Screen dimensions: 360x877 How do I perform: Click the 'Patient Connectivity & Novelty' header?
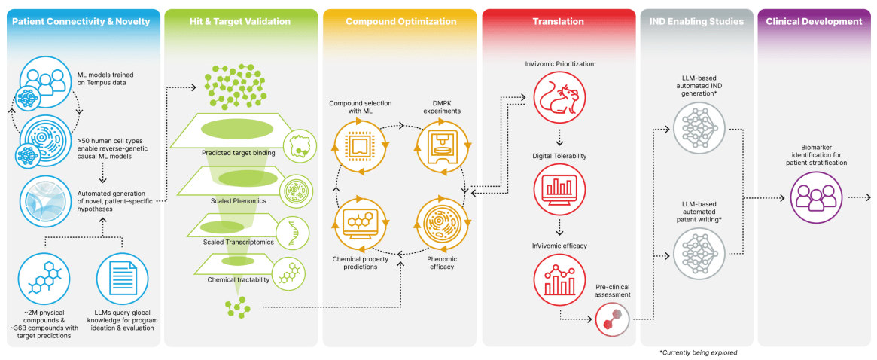(x=81, y=22)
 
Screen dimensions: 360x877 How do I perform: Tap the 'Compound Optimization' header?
(x=400, y=22)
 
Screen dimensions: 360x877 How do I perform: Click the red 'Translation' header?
(x=559, y=22)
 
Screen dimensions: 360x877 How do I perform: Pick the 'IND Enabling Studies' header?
(x=696, y=22)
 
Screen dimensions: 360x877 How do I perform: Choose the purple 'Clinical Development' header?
(x=814, y=22)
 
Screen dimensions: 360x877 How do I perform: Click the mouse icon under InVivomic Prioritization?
(x=559, y=98)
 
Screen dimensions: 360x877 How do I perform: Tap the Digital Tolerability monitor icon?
(x=559, y=187)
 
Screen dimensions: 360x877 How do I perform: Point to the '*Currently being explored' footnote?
(x=698, y=352)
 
